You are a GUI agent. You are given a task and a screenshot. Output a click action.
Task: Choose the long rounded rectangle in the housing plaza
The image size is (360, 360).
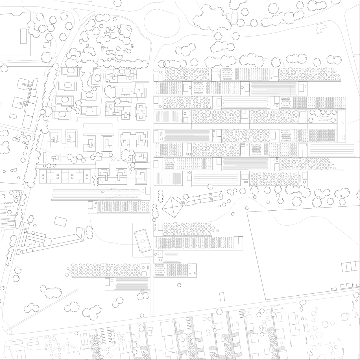tap(98, 125)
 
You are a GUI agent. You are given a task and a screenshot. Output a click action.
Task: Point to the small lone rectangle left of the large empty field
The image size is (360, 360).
tap(222, 297)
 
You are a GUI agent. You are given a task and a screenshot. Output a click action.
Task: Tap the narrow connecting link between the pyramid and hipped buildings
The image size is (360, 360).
tap(183, 201)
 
